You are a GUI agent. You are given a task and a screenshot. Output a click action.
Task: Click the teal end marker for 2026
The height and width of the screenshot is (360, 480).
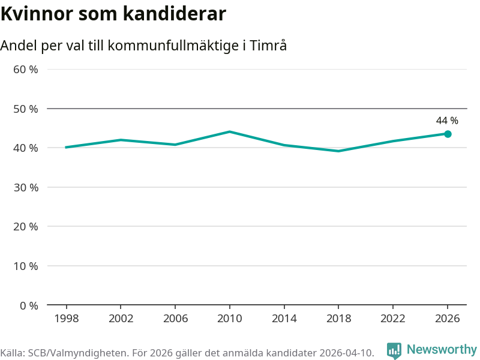click(x=448, y=134)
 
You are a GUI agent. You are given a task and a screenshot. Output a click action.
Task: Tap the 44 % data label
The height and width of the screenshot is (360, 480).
click(x=447, y=121)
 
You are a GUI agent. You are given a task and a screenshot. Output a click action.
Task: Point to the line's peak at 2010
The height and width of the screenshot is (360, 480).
click(x=230, y=131)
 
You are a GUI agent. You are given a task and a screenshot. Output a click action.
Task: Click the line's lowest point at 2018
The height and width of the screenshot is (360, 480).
click(x=338, y=151)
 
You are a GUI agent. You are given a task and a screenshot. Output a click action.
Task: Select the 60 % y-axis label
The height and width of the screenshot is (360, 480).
click(x=26, y=70)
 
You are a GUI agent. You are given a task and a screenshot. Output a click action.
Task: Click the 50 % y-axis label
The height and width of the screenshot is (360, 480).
click(x=26, y=109)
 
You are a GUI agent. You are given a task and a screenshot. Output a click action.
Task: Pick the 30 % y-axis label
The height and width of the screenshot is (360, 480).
click(x=26, y=187)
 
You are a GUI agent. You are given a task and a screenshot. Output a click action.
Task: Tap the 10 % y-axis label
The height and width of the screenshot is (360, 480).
click(x=26, y=266)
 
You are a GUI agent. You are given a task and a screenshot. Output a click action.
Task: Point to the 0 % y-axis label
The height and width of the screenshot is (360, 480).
click(x=29, y=305)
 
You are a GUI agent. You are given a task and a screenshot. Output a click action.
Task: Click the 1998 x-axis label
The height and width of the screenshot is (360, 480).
click(x=67, y=319)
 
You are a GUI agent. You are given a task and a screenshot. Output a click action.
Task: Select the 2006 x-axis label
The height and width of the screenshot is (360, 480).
click(x=175, y=319)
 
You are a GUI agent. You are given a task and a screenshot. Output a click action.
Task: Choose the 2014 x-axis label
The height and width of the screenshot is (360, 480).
click(x=284, y=319)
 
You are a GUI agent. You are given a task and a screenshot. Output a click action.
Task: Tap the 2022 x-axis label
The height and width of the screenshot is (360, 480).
click(x=393, y=319)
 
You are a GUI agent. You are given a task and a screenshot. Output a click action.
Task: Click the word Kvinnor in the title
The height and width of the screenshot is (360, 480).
click(x=37, y=14)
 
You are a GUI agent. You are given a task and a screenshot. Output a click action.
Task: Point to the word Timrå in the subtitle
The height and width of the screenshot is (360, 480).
click(x=268, y=46)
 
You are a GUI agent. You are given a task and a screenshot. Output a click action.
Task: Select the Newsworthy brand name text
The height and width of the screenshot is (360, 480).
click(x=442, y=349)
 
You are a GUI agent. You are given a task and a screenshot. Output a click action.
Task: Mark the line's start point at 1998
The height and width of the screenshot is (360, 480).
click(x=66, y=147)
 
